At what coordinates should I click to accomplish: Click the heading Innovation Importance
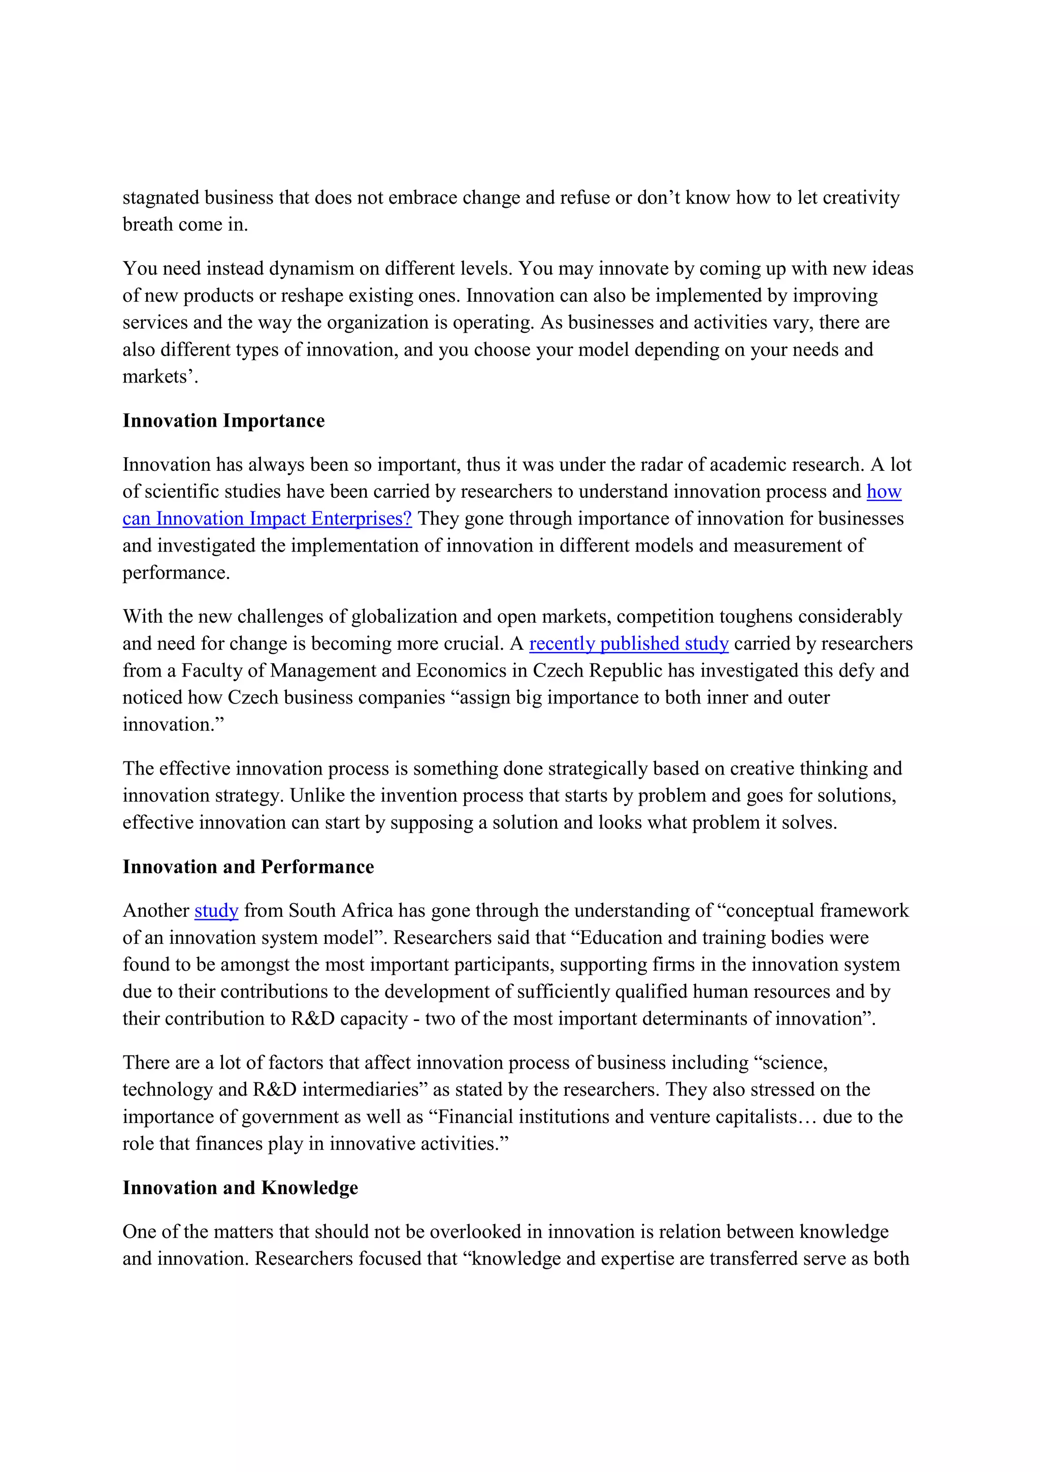[223, 421]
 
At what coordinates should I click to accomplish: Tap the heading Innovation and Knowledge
[240, 1188]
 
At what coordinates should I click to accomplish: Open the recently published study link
[629, 643]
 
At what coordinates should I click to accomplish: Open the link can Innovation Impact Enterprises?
[267, 518]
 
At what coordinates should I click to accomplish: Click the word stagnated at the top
[161, 198]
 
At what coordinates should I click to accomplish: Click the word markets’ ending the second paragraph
[159, 376]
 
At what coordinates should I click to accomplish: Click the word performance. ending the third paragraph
[176, 572]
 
